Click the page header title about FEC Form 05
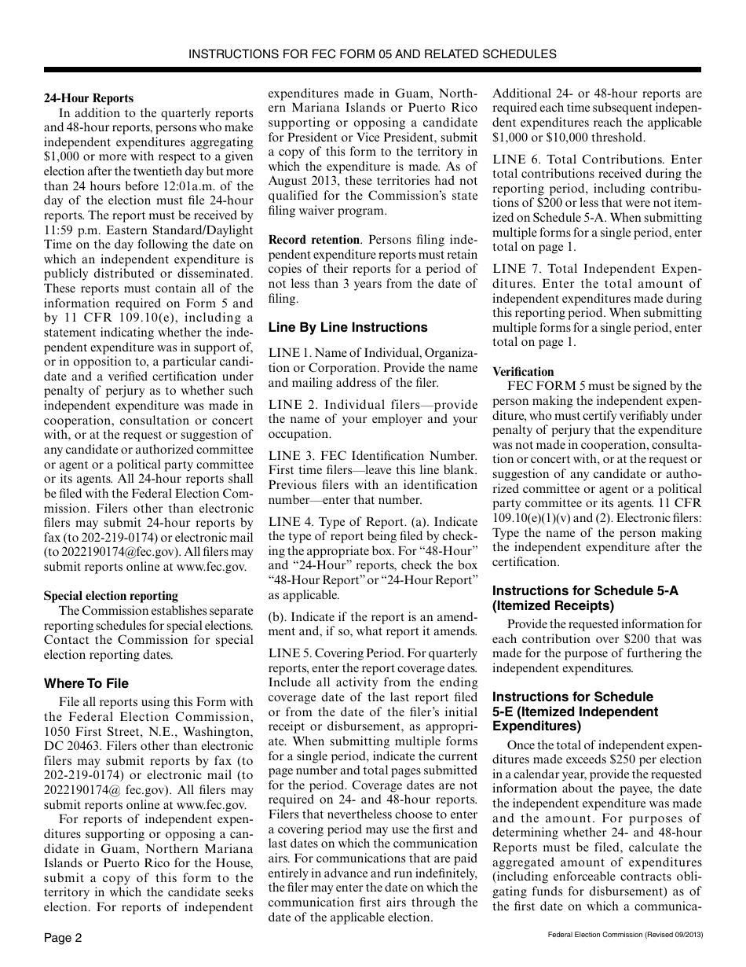pyautogui.click(x=372, y=54)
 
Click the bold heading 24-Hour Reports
pyautogui.click(x=88, y=98)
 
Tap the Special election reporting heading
pyautogui.click(x=111, y=595)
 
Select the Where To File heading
pyautogui.click(x=86, y=683)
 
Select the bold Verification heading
pyautogui.click(x=523, y=372)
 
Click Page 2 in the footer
pyautogui.click(x=63, y=938)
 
